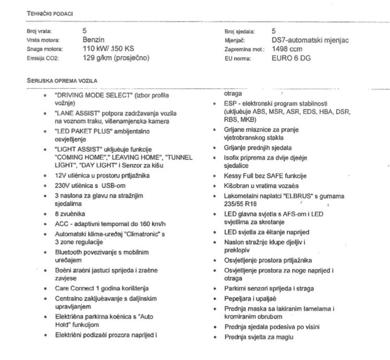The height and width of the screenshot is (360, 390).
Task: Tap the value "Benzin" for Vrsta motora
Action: point(94,40)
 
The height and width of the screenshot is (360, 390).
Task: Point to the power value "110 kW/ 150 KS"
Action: point(108,49)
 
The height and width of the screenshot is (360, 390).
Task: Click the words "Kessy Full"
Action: point(241,175)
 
